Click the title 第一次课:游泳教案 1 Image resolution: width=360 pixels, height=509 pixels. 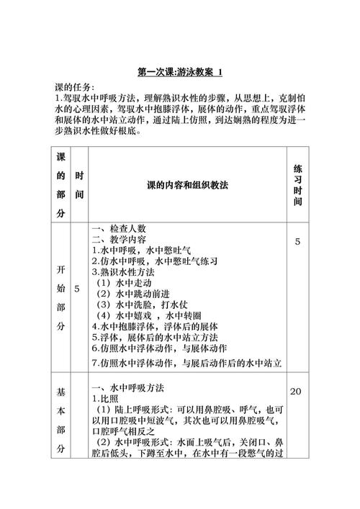click(180, 72)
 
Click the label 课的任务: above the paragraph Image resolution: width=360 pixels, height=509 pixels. click(75, 86)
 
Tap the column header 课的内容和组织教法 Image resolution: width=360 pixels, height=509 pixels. click(186, 185)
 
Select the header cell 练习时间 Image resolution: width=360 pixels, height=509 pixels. click(297, 185)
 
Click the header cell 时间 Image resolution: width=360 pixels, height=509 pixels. click(79, 185)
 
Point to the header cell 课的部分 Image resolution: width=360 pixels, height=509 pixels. click(60, 185)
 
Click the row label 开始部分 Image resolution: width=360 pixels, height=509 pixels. click(60, 297)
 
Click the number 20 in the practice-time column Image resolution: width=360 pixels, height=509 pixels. click(295, 392)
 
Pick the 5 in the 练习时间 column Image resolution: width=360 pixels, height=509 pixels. click(297, 242)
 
